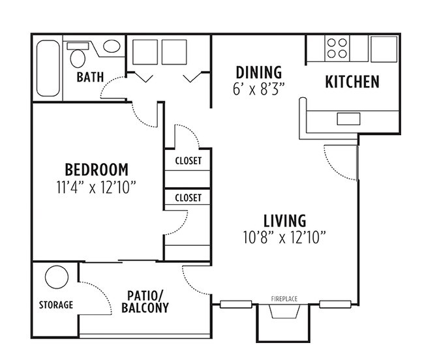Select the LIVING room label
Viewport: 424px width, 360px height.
click(284, 220)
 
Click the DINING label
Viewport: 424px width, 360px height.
click(259, 72)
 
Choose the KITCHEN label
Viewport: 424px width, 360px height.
click(352, 82)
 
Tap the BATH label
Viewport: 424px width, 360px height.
click(90, 77)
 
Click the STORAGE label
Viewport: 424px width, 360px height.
click(55, 305)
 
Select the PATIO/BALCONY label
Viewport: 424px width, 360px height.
click(145, 301)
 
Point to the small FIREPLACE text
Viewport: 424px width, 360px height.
click(284, 299)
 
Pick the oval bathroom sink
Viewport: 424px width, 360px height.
click(112, 47)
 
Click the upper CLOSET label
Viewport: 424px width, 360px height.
click(188, 160)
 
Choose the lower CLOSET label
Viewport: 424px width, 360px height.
click(188, 198)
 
